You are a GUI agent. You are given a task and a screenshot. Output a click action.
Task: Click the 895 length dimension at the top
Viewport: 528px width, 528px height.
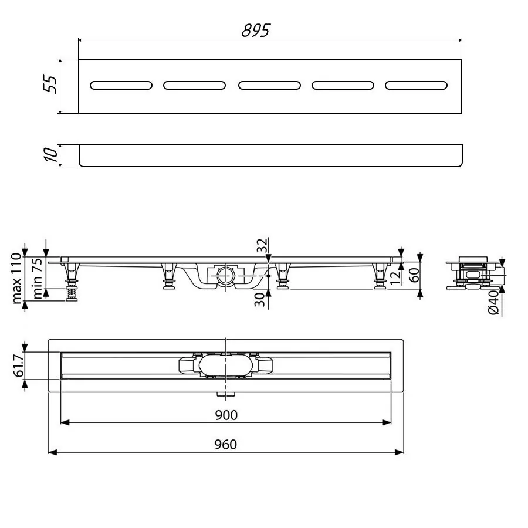(255, 31)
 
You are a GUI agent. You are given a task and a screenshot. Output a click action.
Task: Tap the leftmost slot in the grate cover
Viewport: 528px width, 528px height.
(121, 86)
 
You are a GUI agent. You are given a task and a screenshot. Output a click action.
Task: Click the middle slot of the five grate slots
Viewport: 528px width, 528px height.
(269, 86)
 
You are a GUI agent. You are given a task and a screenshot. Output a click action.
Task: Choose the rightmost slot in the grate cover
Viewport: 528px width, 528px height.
(416, 86)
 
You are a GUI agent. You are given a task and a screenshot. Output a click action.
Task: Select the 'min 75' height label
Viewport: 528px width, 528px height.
(36, 279)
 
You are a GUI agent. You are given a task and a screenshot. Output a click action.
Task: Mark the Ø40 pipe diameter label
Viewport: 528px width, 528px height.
(494, 302)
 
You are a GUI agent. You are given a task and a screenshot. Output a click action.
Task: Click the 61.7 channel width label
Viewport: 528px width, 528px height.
(18, 365)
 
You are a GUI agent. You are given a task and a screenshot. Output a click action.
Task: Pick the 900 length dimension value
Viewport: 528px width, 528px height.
(226, 415)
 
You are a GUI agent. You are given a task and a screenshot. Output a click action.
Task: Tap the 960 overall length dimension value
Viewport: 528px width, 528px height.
(226, 445)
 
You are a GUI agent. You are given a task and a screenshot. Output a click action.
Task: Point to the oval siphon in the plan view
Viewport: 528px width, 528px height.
(225, 365)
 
